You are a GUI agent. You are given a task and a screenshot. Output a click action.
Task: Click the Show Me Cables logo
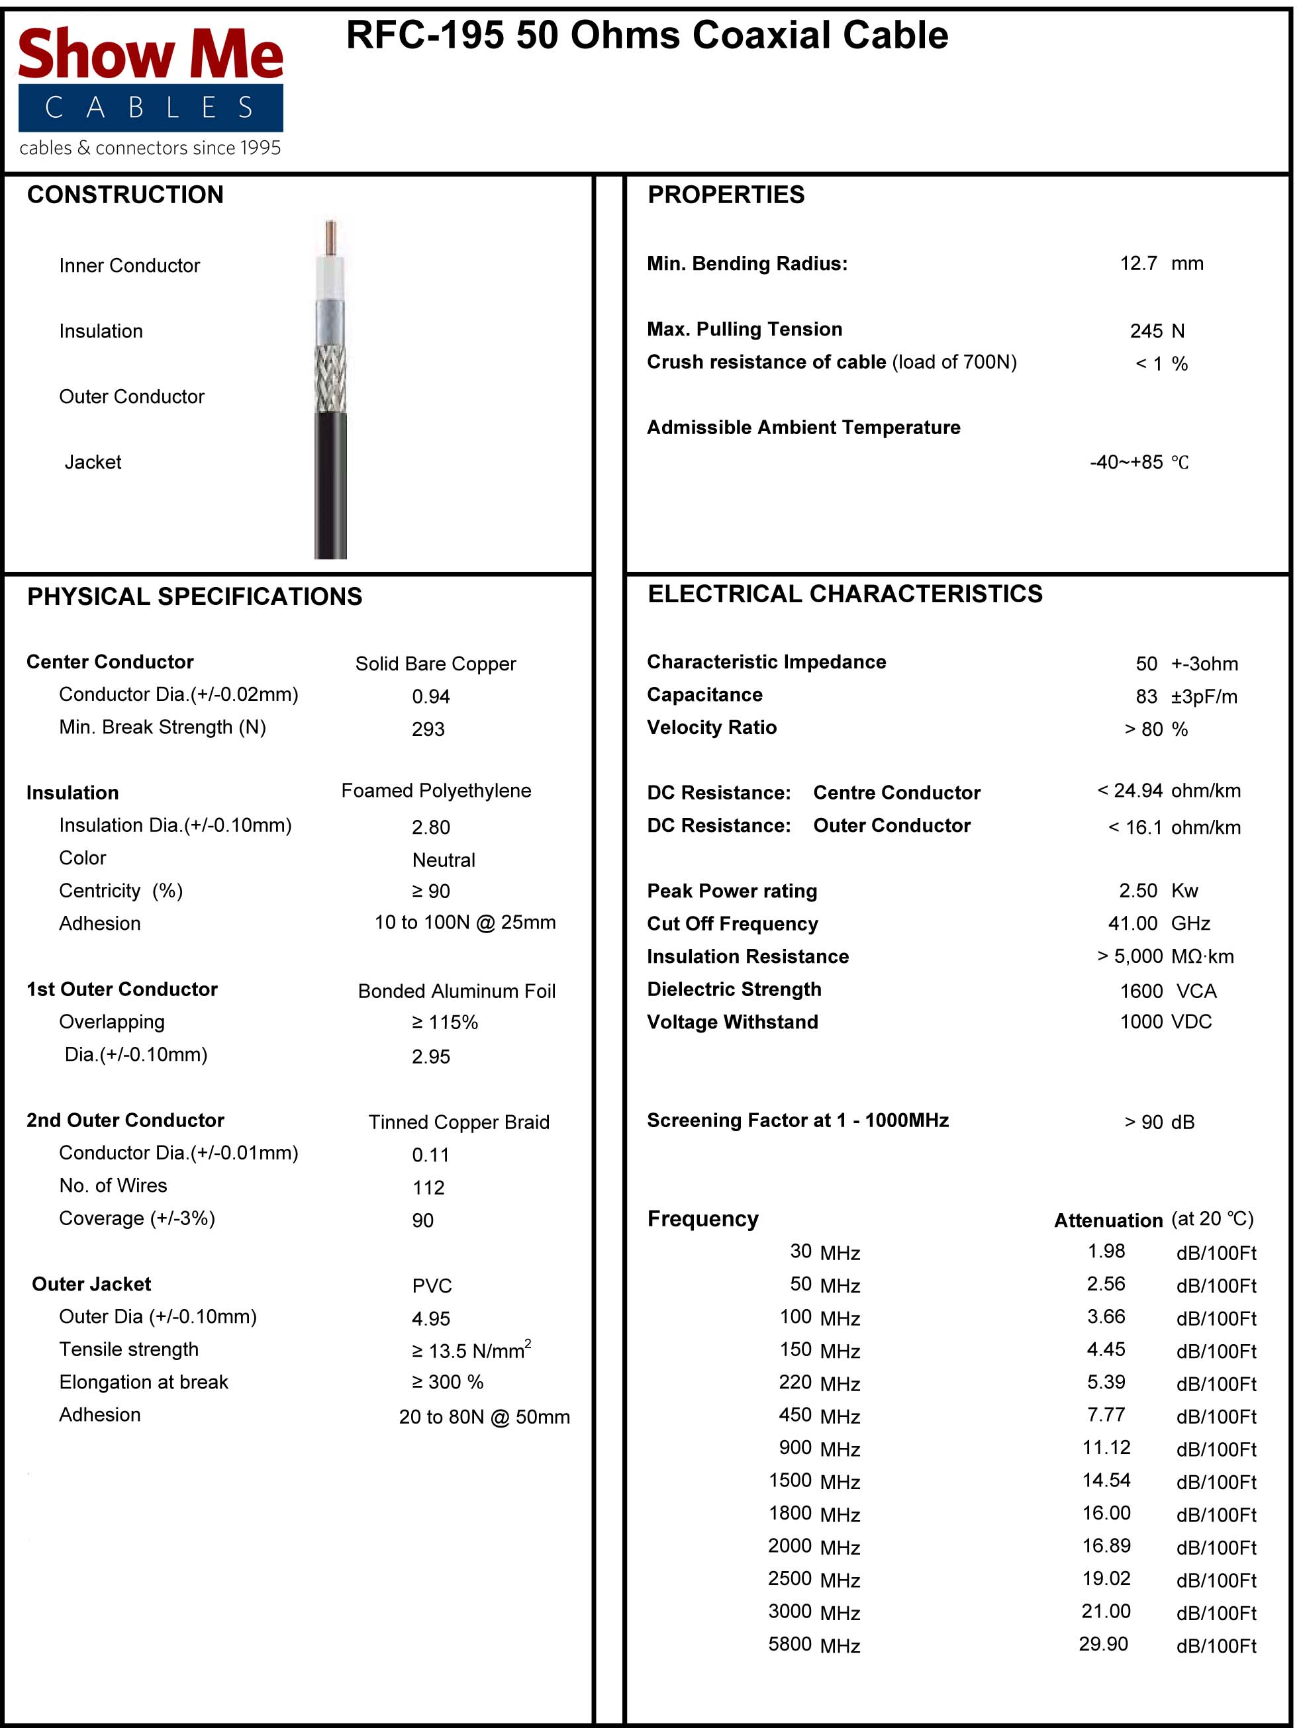point(150,90)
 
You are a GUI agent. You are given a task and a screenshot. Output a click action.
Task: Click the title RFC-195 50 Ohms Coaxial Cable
point(646,36)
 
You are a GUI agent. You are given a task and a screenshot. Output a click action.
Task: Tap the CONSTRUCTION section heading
point(125,195)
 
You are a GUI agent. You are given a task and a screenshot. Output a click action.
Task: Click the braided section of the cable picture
point(330,379)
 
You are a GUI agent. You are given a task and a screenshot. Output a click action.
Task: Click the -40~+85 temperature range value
point(1126,462)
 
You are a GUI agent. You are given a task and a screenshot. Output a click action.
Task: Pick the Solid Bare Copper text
point(435,663)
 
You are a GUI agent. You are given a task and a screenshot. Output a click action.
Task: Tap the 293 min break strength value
point(428,729)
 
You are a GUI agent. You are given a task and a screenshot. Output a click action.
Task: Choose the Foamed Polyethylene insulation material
point(436,791)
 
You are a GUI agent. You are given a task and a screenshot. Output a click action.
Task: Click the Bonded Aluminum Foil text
point(456,991)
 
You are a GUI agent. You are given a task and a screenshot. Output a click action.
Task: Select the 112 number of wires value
point(428,1187)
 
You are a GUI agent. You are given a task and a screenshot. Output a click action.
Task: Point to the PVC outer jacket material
point(432,1286)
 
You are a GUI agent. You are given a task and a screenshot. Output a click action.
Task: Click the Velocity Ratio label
point(711,727)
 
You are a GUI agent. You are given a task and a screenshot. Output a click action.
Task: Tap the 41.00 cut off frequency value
point(1132,923)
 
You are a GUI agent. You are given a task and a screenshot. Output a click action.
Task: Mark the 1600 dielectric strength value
point(1141,991)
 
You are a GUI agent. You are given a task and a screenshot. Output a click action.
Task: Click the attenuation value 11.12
point(1106,1447)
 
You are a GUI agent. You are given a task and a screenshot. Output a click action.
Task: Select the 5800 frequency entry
point(789,1644)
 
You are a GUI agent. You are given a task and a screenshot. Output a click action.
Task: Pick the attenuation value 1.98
point(1106,1251)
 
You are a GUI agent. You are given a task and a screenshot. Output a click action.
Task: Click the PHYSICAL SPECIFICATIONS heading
point(195,596)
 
